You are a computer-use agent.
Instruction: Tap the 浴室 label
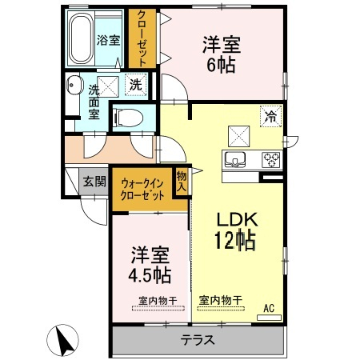108,40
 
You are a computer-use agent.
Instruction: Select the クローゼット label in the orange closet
142,38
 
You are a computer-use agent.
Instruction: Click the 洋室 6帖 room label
222,54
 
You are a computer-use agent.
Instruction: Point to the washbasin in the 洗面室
74,85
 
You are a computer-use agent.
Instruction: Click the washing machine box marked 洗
136,85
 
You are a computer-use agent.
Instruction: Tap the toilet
128,118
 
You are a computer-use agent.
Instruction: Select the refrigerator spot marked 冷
271,116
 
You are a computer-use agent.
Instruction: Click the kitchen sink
235,159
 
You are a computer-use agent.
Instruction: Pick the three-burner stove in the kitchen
271,159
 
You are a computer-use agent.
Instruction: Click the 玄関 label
94,182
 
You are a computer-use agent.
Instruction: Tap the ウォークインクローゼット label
142,190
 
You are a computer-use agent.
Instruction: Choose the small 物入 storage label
182,181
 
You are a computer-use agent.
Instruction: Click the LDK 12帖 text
236,231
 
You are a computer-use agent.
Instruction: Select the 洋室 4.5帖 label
150,265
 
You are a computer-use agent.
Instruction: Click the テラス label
198,340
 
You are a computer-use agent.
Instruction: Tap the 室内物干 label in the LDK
221,301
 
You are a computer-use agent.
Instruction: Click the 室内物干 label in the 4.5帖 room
158,301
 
